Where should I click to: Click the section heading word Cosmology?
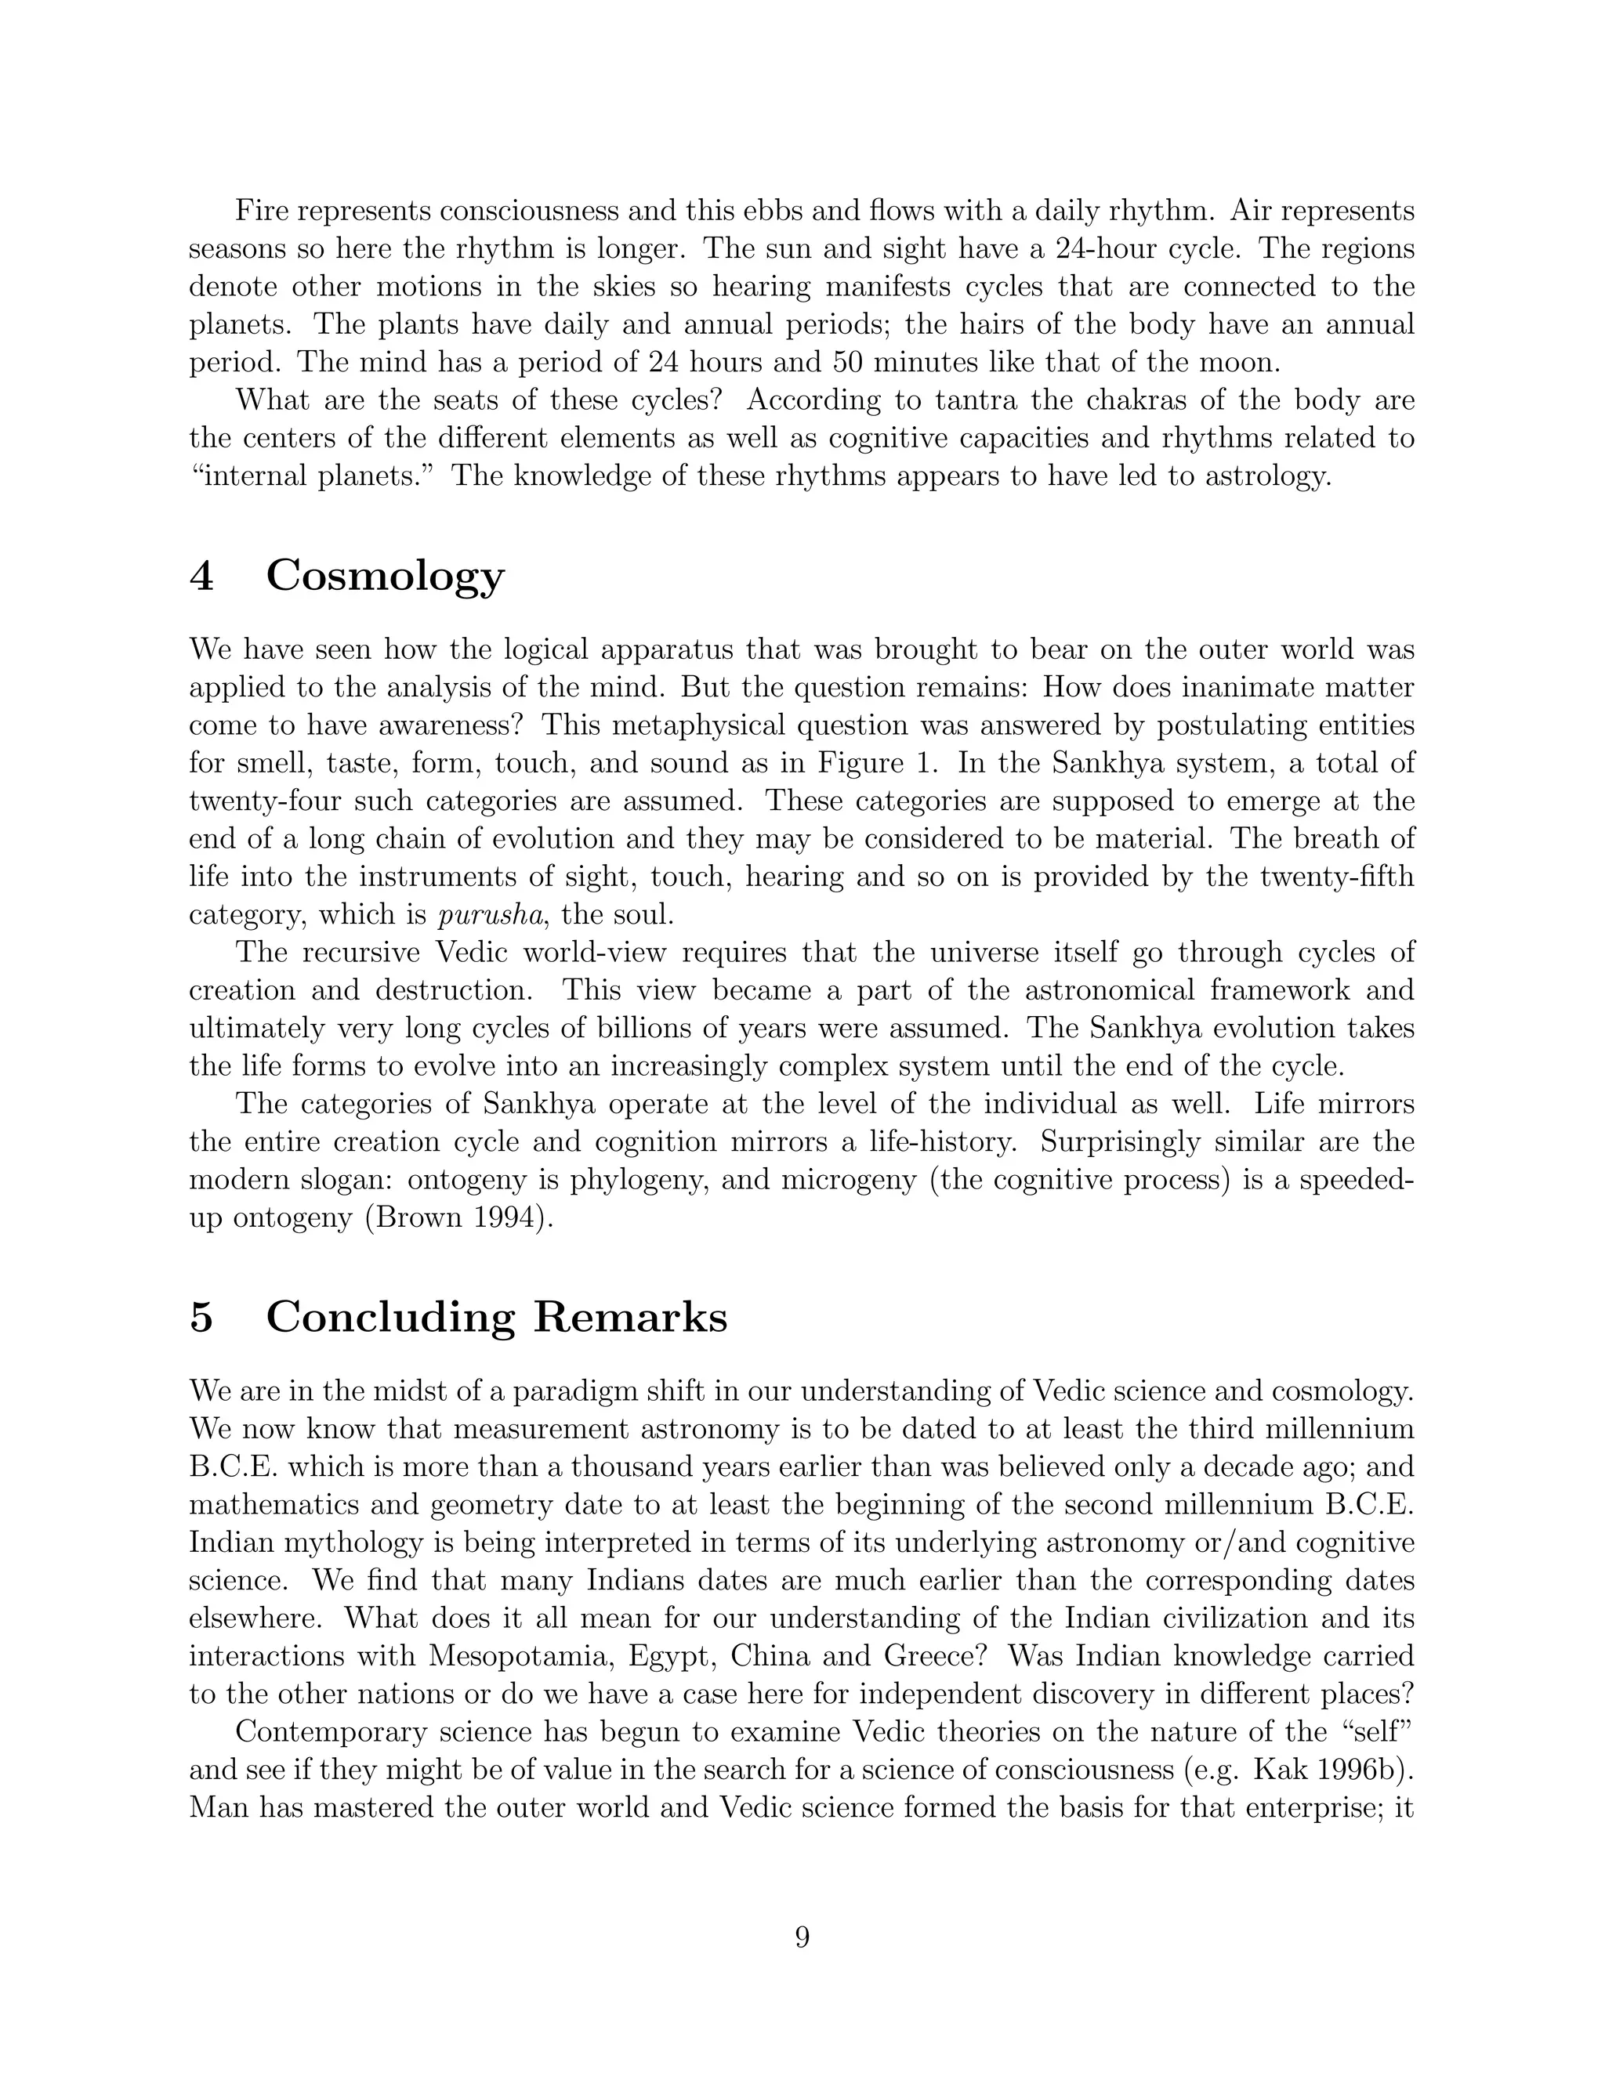385,576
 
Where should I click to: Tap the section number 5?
201,1318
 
